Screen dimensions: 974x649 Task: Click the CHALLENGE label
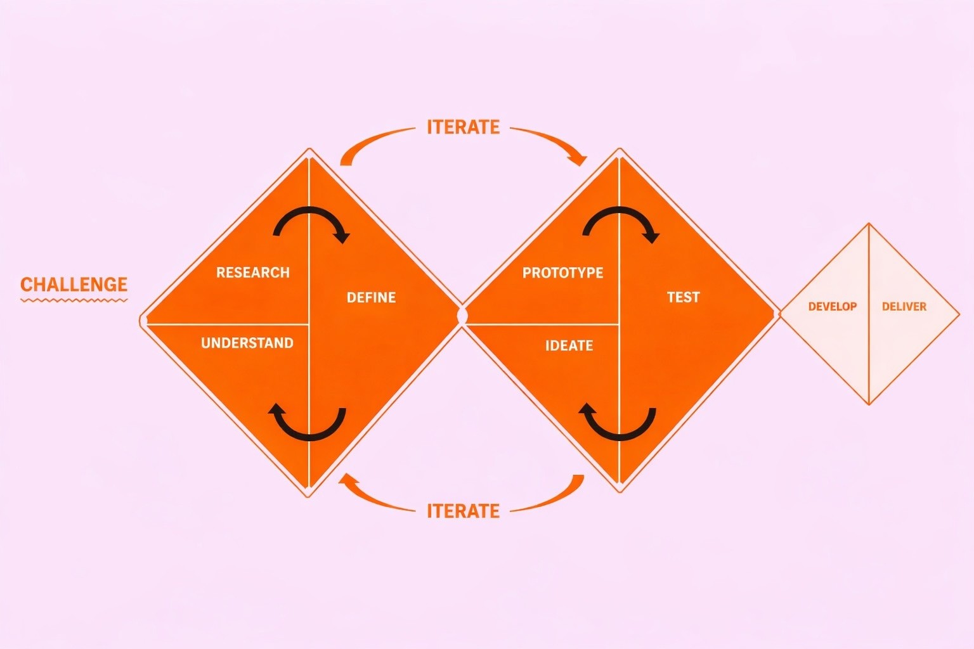(74, 284)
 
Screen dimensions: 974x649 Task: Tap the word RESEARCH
(252, 273)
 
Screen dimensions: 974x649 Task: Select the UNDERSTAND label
(247, 343)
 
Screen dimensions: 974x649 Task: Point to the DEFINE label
(371, 297)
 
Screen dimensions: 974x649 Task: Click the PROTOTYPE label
(562, 273)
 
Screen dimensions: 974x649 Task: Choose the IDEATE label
(569, 345)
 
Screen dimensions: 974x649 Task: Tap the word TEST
(683, 297)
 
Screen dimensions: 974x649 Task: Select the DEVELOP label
(832, 307)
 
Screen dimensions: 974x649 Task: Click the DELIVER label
(904, 307)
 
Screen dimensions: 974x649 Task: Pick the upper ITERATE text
(463, 127)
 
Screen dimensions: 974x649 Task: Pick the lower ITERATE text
(463, 511)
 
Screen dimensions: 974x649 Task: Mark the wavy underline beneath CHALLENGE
(74, 300)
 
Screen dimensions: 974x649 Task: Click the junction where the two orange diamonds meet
(462, 315)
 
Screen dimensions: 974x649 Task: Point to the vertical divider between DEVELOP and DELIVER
(869, 314)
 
